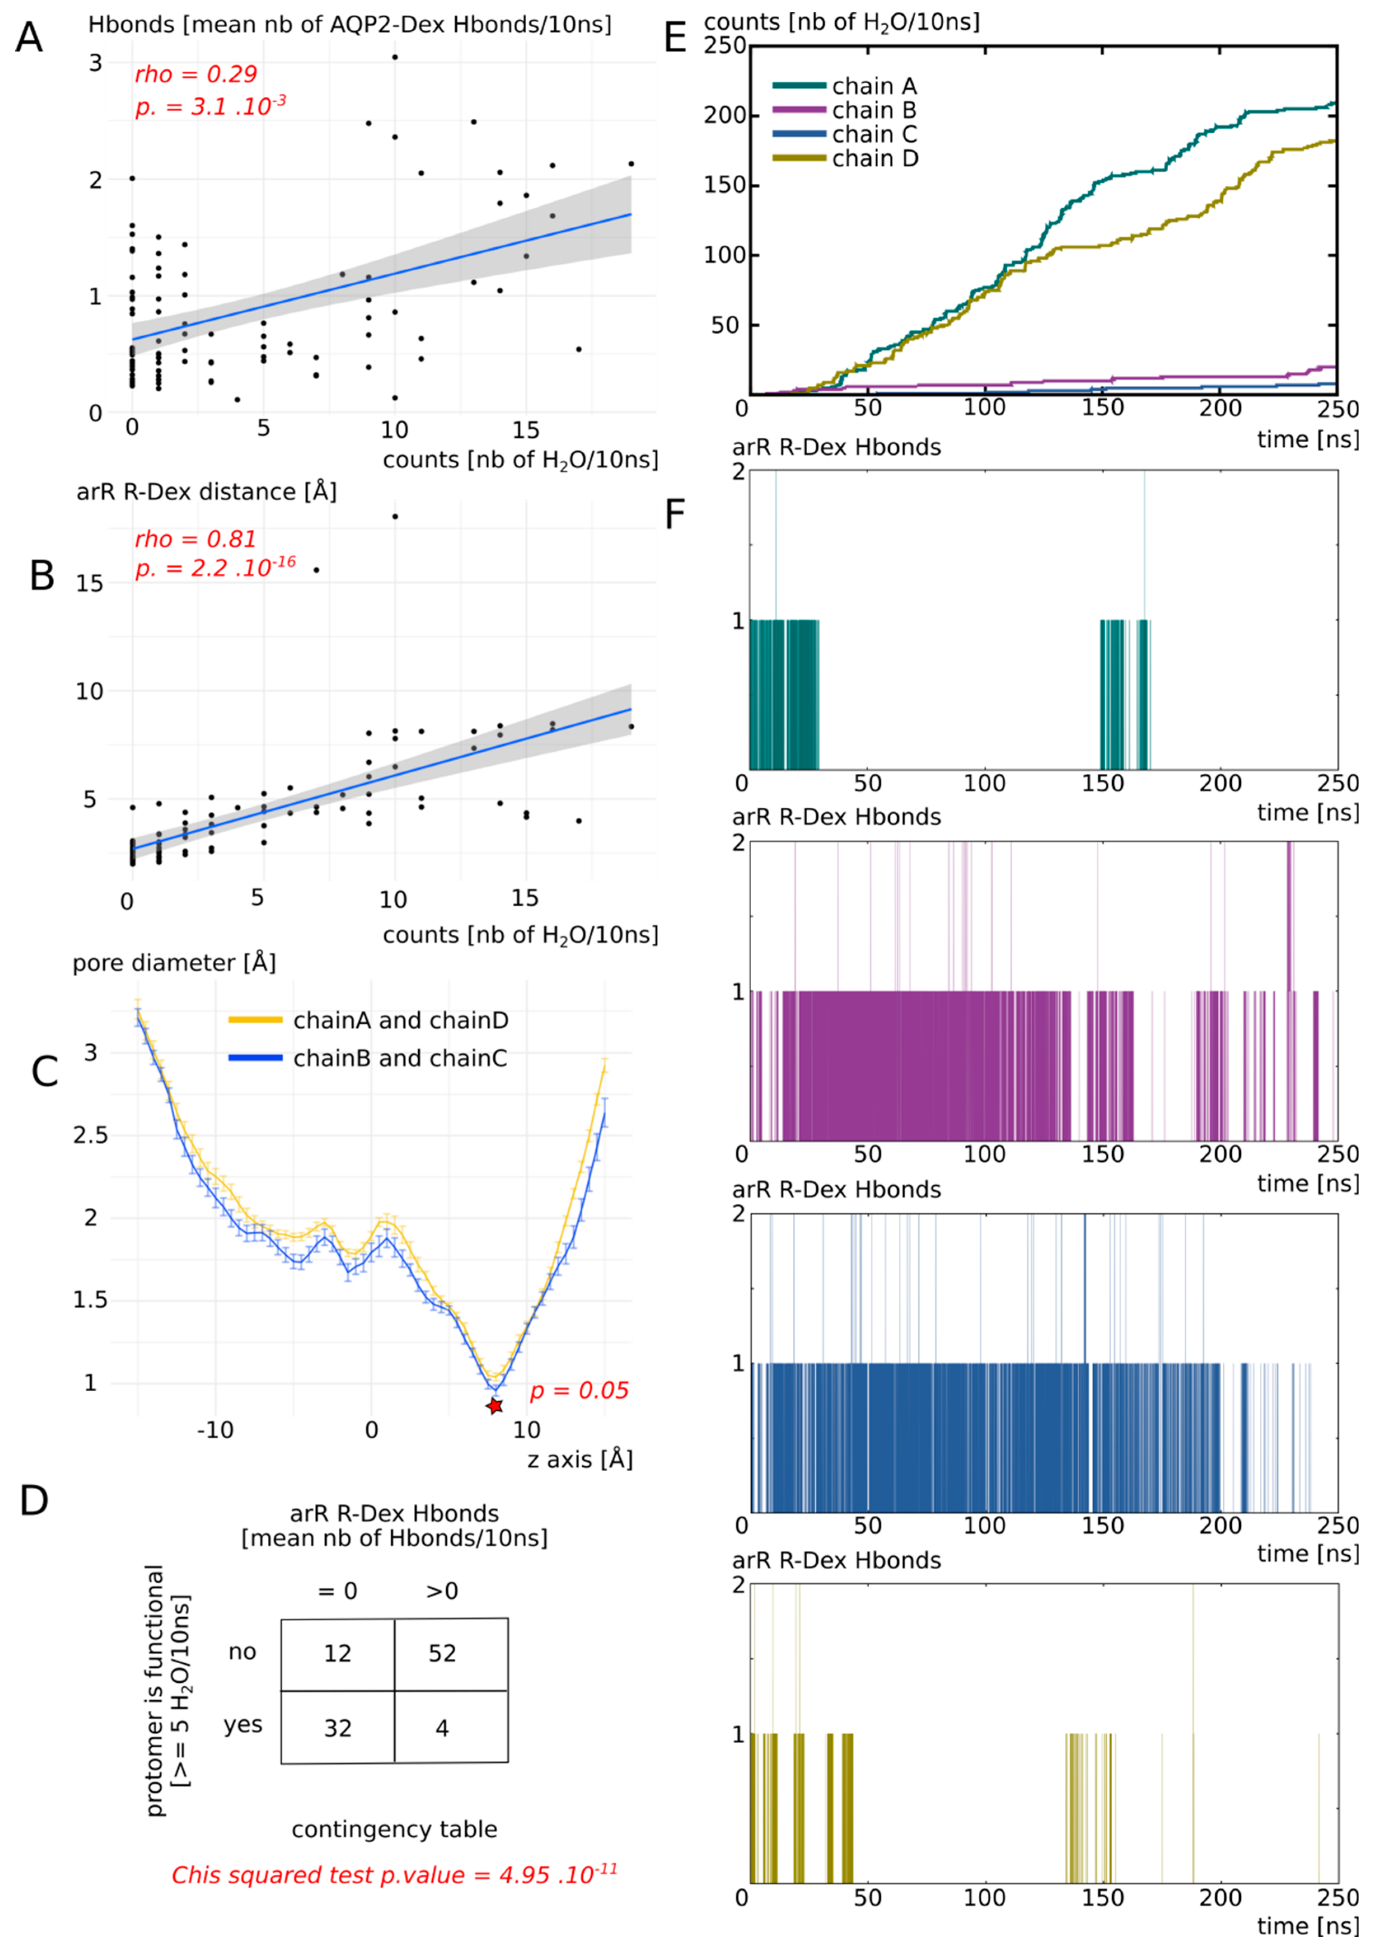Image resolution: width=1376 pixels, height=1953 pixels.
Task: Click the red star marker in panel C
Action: (494, 1406)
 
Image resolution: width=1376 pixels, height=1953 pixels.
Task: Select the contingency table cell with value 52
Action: (442, 1653)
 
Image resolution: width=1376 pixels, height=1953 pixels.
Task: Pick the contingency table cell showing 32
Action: (338, 1728)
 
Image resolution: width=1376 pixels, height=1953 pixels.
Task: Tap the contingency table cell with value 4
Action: (442, 1728)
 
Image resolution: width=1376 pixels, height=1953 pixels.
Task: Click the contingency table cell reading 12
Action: (338, 1653)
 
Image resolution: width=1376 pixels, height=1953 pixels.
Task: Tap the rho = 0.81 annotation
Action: (196, 539)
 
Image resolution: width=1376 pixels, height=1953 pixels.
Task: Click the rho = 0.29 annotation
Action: (196, 75)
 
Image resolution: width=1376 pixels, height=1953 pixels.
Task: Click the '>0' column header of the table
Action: (442, 1591)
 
